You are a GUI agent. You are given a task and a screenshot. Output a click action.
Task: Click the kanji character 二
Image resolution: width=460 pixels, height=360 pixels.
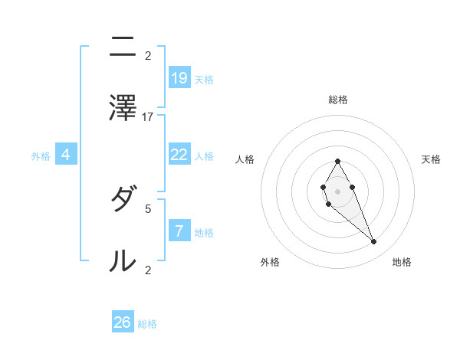click(x=123, y=48)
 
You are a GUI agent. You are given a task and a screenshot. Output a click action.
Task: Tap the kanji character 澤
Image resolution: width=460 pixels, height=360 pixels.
click(x=123, y=108)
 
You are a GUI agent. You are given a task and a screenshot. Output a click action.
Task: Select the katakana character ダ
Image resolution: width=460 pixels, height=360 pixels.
click(x=123, y=201)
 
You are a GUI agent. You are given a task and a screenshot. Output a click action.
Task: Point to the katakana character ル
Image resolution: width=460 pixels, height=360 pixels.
click(x=123, y=261)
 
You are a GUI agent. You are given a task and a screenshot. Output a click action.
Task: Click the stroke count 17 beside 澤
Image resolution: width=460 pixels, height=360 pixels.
click(x=148, y=116)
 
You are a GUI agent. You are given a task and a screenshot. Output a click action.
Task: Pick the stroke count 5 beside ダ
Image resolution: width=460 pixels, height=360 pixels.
click(x=148, y=208)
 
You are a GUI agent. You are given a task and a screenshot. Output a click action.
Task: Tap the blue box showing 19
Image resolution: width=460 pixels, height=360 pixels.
click(x=179, y=77)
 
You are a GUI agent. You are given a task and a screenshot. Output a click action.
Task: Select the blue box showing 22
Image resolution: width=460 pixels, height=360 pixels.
click(x=179, y=154)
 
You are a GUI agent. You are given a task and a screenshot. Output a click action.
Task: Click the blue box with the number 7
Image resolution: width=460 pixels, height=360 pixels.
click(x=179, y=231)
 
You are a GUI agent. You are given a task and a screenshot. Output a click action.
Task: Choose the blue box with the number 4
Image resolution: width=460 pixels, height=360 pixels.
click(x=66, y=155)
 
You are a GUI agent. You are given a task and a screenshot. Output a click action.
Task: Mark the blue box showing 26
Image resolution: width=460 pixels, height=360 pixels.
click(x=123, y=322)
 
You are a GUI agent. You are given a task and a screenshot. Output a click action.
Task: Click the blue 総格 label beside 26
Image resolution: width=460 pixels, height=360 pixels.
click(x=147, y=324)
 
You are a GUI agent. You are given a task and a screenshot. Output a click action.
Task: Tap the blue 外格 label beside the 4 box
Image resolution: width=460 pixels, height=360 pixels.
click(x=41, y=156)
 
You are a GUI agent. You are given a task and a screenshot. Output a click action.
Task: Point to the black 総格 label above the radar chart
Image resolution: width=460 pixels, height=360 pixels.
click(x=338, y=100)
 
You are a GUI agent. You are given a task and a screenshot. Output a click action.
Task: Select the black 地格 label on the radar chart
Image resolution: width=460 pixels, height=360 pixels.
click(x=402, y=262)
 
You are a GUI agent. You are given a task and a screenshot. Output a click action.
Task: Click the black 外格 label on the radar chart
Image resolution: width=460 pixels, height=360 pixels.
click(x=270, y=262)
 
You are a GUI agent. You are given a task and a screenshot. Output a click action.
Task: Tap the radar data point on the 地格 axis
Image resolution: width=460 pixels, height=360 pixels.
click(x=374, y=242)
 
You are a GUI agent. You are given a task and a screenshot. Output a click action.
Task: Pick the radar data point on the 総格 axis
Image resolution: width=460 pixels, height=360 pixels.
click(x=337, y=161)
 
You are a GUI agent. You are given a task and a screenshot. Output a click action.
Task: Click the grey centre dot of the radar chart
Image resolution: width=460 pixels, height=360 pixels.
click(x=337, y=191)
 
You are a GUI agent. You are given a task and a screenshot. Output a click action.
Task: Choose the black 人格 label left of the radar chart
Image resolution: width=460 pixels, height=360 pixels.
click(x=245, y=159)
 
